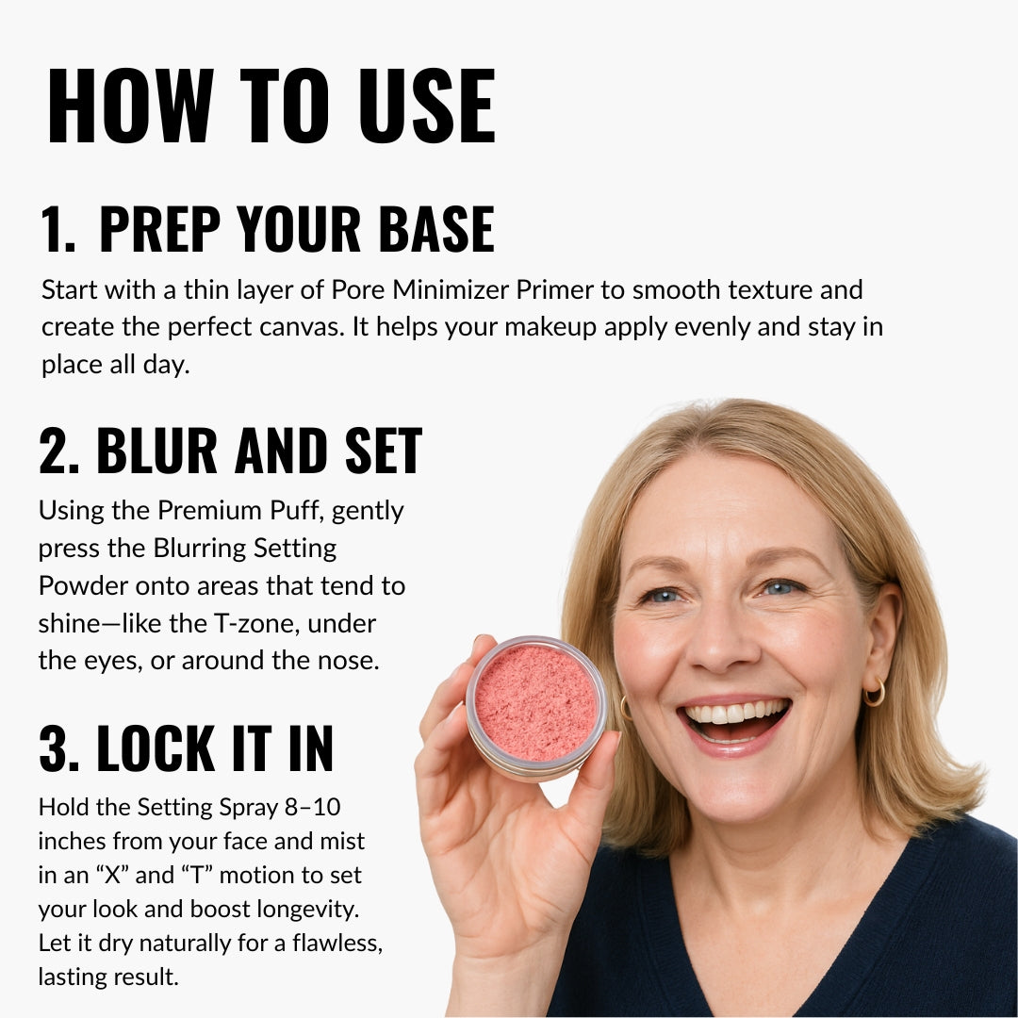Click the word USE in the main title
click(x=427, y=106)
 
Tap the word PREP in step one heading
click(x=159, y=228)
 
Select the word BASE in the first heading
click(x=436, y=228)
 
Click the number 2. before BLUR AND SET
click(x=59, y=451)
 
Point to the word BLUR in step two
click(x=156, y=451)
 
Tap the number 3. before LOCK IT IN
click(x=59, y=747)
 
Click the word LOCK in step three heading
click(x=156, y=747)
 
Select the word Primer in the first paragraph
click(x=554, y=290)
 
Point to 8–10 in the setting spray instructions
click(x=312, y=807)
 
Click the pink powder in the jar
click(x=535, y=702)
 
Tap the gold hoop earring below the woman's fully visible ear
click(x=875, y=693)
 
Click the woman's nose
click(x=723, y=643)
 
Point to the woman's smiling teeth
click(x=735, y=714)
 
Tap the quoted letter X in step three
click(x=113, y=875)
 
